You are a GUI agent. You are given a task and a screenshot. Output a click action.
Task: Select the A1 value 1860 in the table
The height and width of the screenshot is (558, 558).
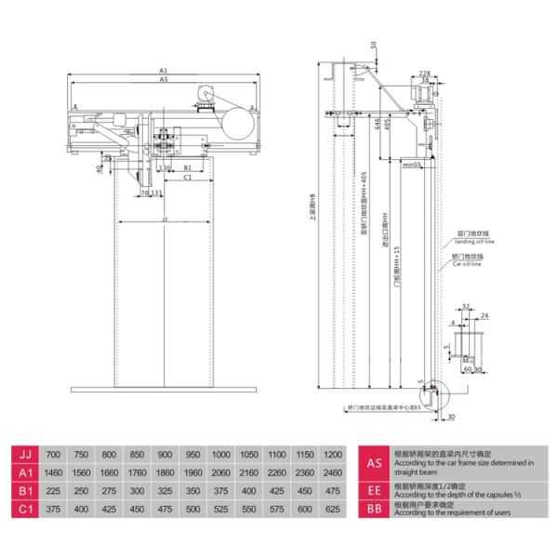coord(166,472)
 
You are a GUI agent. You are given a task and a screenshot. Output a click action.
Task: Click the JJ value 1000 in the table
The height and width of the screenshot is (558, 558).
coord(221,455)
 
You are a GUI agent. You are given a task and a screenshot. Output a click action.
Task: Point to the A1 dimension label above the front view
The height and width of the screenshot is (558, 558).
coord(163,71)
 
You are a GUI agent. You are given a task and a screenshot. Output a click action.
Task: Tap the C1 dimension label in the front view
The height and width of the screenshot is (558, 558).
coord(186,176)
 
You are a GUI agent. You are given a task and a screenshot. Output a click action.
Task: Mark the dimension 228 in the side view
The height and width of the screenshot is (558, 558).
coord(424,73)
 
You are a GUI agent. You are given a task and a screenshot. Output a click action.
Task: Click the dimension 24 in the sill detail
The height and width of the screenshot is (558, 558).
coord(485,315)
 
